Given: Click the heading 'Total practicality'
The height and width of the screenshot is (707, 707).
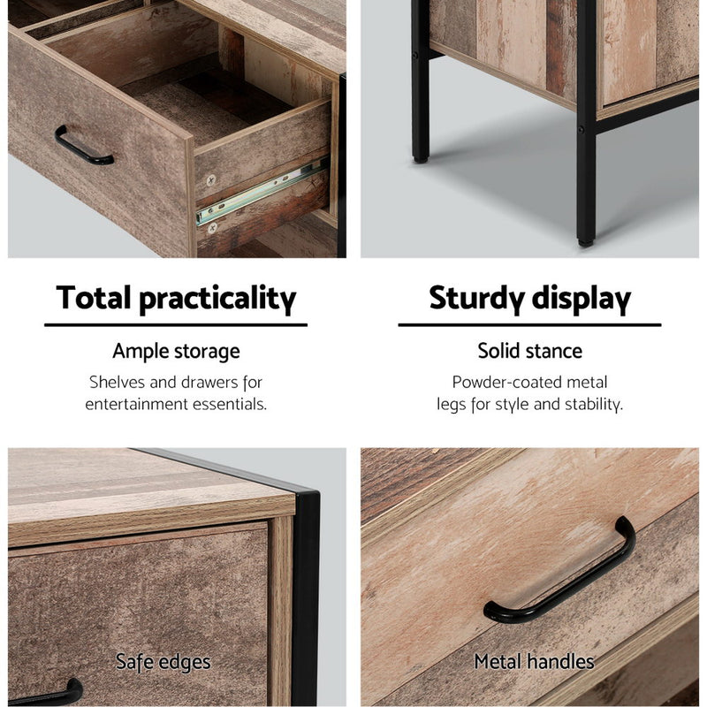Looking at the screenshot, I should click(176, 299).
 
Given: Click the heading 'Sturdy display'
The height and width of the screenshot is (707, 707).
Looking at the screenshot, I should click(529, 299).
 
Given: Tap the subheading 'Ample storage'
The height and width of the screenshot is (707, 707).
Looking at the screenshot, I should click(176, 351).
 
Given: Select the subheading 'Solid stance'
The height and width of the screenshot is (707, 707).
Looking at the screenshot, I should click(529, 351).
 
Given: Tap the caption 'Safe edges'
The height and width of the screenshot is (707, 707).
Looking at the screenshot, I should click(163, 661).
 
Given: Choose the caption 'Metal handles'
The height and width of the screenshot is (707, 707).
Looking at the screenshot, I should click(534, 661).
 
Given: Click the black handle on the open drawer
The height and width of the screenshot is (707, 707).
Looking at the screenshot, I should click(83, 148).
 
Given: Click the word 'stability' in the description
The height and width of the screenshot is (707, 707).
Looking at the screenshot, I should click(591, 405).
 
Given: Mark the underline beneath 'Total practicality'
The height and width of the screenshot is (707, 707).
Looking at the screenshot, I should click(176, 325).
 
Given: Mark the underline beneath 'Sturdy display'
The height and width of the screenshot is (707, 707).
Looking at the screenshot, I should click(529, 325).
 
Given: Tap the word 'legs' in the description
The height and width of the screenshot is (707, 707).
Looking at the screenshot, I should click(452, 405).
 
